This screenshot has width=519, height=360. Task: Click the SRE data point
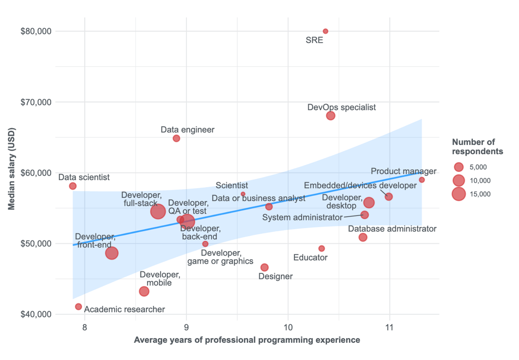[325, 31]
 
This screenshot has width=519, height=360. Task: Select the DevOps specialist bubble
[330, 116]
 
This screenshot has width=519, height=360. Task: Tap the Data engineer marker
[176, 138]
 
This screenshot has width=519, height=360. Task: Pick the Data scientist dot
[72, 186]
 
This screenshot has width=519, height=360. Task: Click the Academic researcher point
[78, 307]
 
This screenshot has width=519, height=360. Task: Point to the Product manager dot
[422, 180]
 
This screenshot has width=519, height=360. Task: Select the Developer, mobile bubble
[144, 292]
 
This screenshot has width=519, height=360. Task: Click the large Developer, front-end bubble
[112, 253]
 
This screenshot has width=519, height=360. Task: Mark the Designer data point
[264, 267]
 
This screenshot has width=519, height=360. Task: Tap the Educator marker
[321, 248]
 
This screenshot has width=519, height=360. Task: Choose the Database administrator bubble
[363, 237]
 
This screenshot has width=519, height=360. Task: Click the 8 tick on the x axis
[84, 328]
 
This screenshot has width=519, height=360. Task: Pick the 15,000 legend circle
[459, 194]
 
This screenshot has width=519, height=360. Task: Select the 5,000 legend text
[480, 167]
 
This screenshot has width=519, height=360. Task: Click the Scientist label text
[232, 186]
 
